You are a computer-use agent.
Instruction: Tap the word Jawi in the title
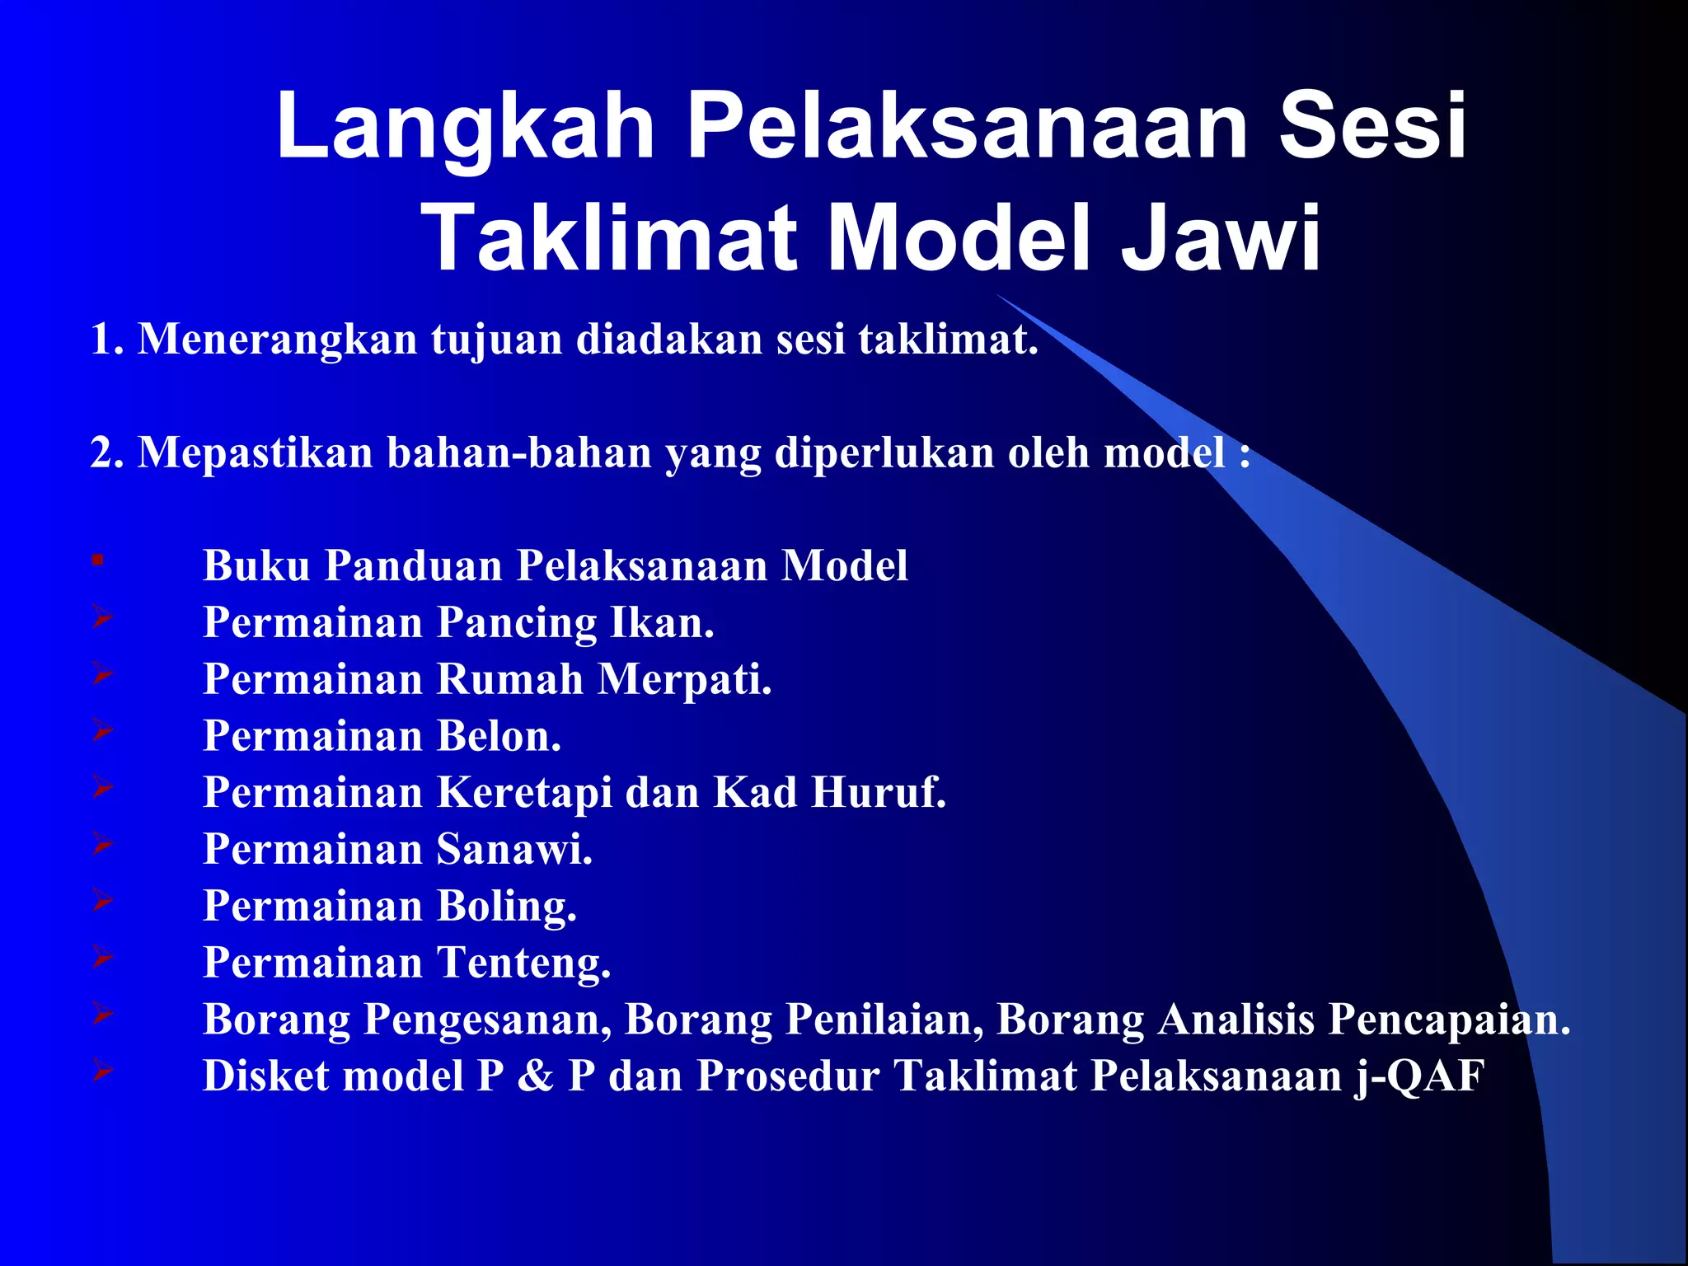[1221, 239]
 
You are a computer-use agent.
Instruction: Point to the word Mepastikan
[256, 453]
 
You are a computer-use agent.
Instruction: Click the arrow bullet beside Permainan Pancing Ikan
[102, 616]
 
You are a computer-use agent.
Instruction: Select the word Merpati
[685, 680]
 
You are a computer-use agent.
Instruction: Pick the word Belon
[498, 736]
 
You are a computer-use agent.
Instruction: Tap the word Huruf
[879, 793]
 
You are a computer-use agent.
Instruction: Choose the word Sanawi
[513, 850]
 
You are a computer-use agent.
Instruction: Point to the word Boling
[506, 907]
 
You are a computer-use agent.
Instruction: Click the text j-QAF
[1419, 1077]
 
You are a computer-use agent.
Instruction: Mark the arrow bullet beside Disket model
[102, 1070]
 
